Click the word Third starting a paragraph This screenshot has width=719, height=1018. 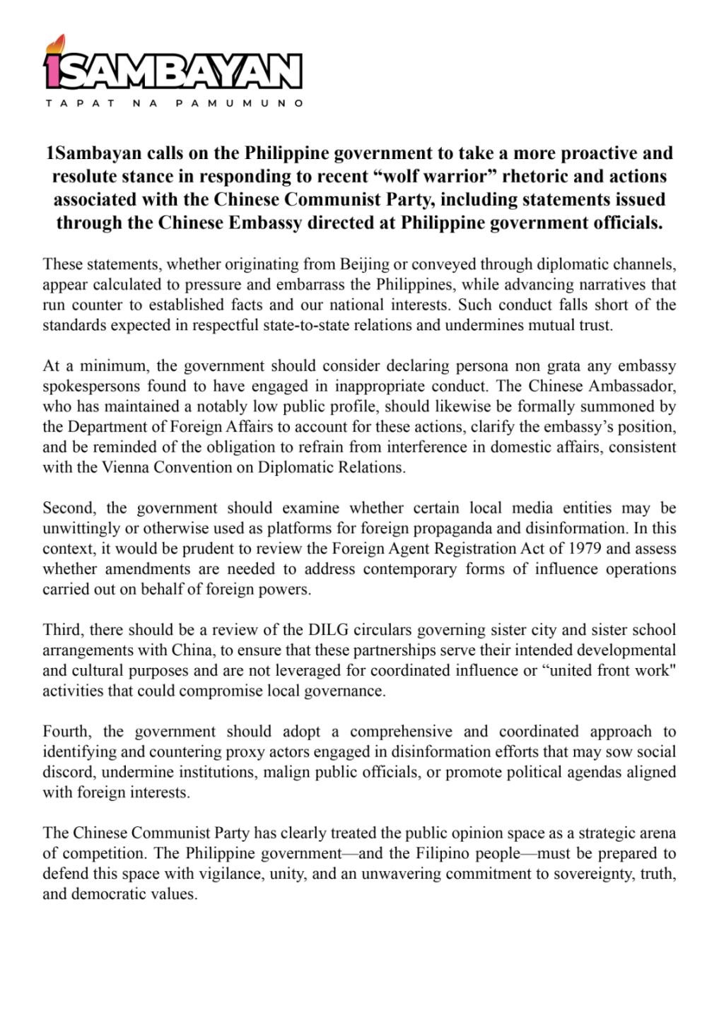tap(62, 630)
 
